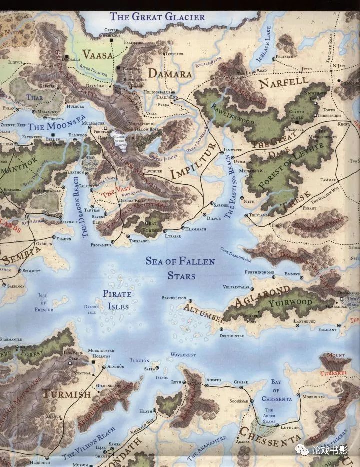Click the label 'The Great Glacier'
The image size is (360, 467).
157,16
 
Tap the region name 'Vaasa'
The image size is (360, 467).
98,54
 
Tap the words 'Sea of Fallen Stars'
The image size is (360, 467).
180,268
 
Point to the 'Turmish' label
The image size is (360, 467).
66,394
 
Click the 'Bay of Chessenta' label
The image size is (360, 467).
276,390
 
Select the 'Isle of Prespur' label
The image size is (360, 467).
43,303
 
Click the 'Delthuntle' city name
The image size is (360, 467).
231,336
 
